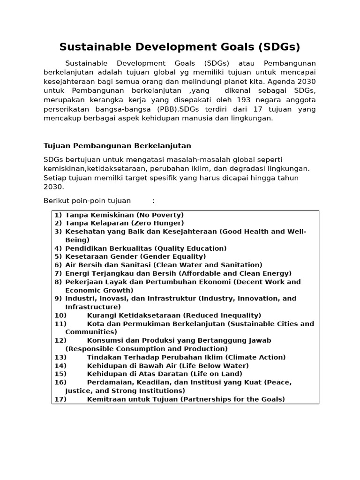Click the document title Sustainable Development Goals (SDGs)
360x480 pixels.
pyautogui.click(x=180, y=47)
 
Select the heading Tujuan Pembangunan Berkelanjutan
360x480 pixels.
pyautogui.click(x=117, y=146)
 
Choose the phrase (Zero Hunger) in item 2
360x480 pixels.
pyautogui.click(x=157, y=223)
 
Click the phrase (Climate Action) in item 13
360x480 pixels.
pyautogui.click(x=259, y=357)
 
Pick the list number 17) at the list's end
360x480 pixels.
pyautogui.click(x=60, y=399)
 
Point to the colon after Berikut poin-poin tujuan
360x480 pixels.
pyautogui.click(x=153, y=201)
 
